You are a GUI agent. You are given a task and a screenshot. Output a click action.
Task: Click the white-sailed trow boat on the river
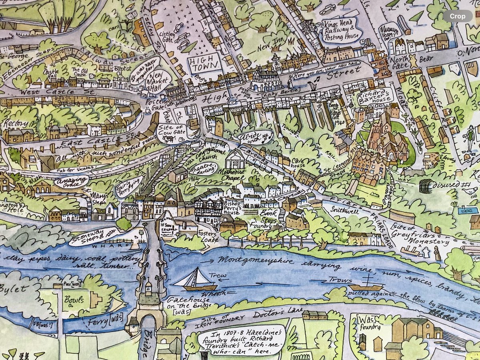(196, 280)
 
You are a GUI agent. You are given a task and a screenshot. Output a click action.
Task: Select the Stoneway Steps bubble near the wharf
(90, 236)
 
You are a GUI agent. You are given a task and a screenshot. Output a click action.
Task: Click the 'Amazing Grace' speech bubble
(71, 181)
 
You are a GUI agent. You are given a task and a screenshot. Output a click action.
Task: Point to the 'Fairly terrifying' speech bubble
(129, 186)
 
